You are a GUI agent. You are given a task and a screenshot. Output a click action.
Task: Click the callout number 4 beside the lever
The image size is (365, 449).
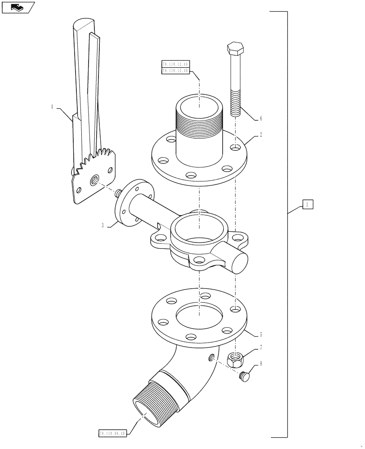tap(52, 107)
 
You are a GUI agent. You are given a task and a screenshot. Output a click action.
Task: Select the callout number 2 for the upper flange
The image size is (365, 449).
tap(261, 134)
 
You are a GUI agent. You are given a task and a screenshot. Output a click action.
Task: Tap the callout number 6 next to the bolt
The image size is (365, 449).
tap(261, 119)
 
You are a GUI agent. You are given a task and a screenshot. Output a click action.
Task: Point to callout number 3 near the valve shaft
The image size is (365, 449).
tap(103, 225)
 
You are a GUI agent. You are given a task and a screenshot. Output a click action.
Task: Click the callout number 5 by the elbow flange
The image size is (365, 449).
tap(261, 335)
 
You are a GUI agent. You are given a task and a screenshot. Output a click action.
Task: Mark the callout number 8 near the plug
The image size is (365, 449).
tap(261, 365)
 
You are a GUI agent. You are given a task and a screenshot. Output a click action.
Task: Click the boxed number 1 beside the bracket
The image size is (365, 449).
tap(307, 205)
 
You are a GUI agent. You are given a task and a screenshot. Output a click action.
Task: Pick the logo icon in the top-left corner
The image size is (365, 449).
tap(18, 7)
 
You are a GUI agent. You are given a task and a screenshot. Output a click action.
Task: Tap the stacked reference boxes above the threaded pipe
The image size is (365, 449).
tap(175, 67)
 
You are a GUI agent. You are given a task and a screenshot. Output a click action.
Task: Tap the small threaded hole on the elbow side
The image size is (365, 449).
tap(210, 357)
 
